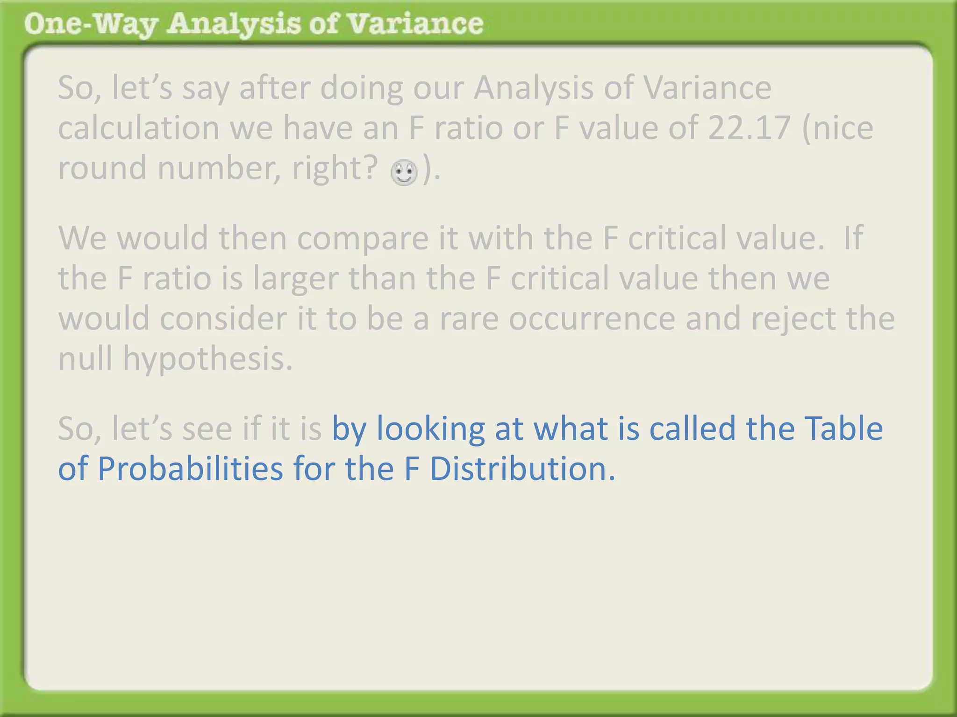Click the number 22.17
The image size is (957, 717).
(x=749, y=127)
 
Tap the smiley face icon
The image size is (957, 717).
(x=404, y=172)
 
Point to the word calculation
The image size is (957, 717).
(x=138, y=127)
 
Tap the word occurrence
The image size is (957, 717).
(x=592, y=318)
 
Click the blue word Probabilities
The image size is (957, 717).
(x=190, y=468)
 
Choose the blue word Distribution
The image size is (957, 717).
(x=522, y=468)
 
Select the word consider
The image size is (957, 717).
(x=224, y=318)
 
